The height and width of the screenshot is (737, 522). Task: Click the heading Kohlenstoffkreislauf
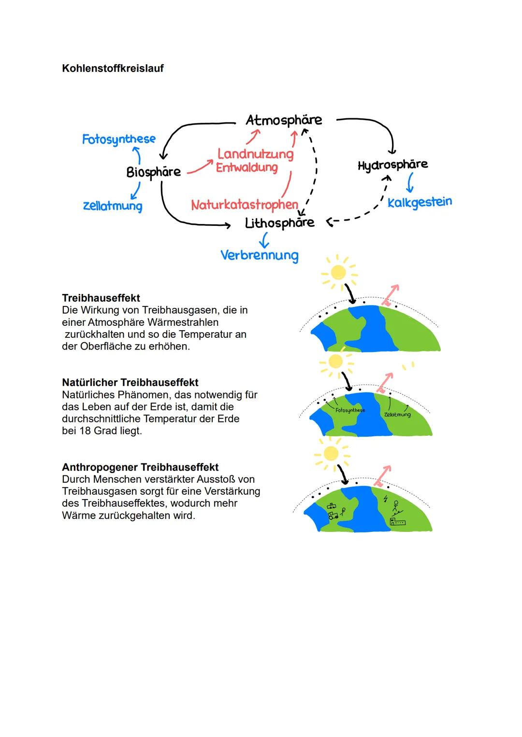113,69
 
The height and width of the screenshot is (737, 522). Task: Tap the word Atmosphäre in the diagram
284,120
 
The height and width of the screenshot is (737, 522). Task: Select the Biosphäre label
153,172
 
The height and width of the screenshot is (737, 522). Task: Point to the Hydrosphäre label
392,165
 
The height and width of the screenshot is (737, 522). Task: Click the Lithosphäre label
279,223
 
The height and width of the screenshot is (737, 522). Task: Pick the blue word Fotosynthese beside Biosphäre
119,139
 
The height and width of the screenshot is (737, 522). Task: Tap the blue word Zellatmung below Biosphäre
113,206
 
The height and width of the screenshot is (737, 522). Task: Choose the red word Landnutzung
255,154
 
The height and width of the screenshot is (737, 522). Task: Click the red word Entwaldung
246,167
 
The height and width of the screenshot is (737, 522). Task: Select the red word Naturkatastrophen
245,205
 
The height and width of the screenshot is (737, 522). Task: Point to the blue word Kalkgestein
420,202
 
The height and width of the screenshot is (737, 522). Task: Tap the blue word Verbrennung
259,255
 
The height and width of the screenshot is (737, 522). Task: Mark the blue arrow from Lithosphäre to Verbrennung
264,240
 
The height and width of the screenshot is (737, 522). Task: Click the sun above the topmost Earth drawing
338,273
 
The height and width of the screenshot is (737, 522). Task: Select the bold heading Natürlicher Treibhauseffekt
130,383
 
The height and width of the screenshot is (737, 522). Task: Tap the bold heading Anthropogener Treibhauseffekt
140,467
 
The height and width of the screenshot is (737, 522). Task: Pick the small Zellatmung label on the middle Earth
397,415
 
